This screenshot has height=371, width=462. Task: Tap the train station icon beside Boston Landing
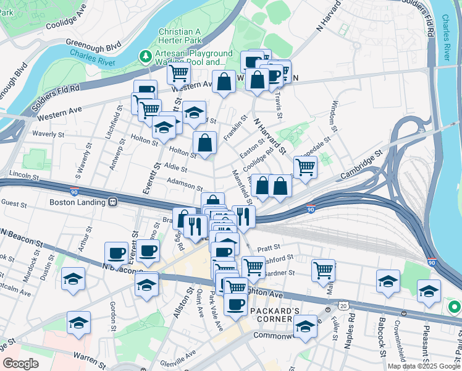113,202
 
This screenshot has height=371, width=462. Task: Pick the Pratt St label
271,246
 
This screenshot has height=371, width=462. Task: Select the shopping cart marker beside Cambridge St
305,167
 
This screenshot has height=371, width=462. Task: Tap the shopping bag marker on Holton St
204,143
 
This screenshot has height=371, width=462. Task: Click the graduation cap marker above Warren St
78,323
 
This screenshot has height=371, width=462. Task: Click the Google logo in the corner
20,364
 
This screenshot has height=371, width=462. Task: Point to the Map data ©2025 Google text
424,366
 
